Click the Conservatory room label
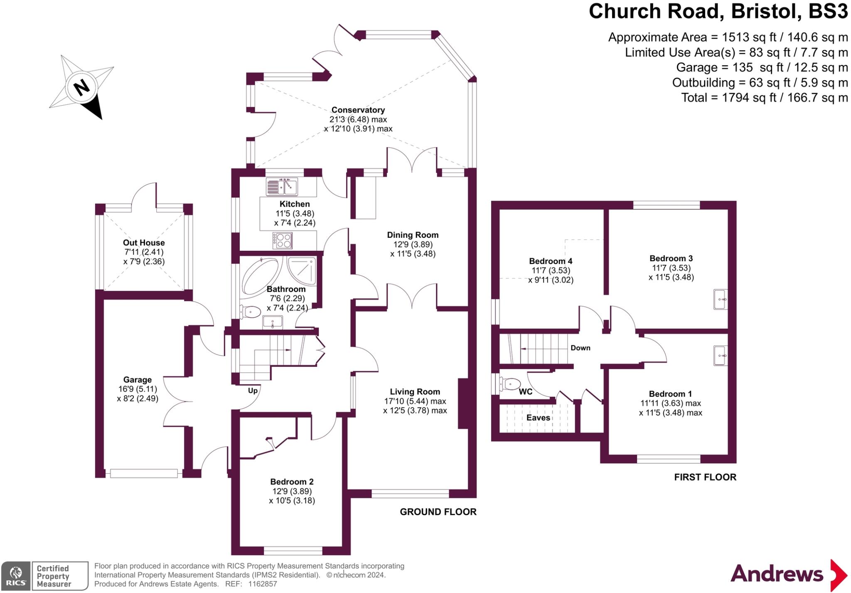pos(358,110)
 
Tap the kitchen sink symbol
pos(282,186)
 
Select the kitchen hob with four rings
pos(283,240)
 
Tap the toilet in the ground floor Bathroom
pos(250,311)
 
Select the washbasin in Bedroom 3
pos(721,299)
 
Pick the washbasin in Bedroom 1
pos(721,356)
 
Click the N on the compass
pos(81,88)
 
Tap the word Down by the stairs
pos(580,348)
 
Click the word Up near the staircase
pos(253,390)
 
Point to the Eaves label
pos(538,418)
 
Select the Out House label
pos(144,242)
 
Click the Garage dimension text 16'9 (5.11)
pos(138,389)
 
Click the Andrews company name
pos(777,574)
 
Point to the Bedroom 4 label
pos(551,261)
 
